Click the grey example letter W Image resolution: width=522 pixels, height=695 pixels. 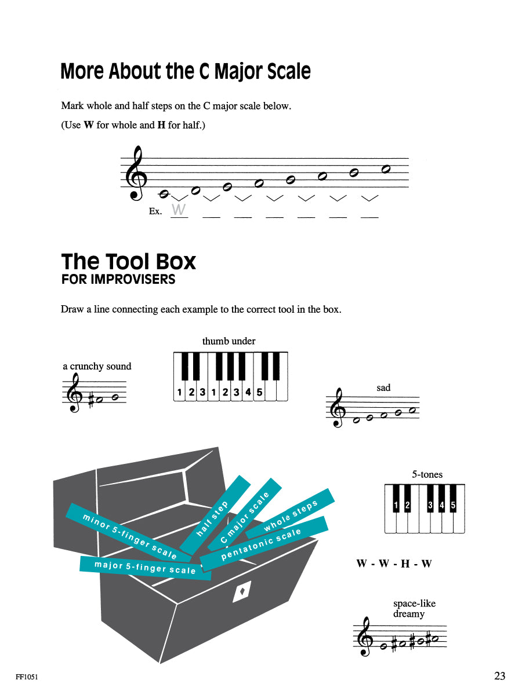[179, 209]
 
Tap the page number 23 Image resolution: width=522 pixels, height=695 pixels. [500, 675]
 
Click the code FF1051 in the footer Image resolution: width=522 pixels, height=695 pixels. [27, 676]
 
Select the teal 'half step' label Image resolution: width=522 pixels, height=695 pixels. [215, 514]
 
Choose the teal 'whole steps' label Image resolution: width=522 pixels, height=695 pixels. [291, 514]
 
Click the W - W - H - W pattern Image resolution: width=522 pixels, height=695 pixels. [394, 564]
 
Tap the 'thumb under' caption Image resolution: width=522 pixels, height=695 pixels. [229, 341]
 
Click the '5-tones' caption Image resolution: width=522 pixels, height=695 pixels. [427, 474]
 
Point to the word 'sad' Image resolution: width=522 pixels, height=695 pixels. [383, 387]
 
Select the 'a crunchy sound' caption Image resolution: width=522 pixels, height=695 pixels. [97, 366]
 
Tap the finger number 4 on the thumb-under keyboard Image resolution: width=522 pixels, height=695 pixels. [248, 392]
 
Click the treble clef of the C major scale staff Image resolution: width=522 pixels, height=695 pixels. [137, 174]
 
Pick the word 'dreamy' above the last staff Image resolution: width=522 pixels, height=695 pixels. [409, 614]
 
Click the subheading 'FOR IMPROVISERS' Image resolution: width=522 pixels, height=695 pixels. [118, 279]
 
